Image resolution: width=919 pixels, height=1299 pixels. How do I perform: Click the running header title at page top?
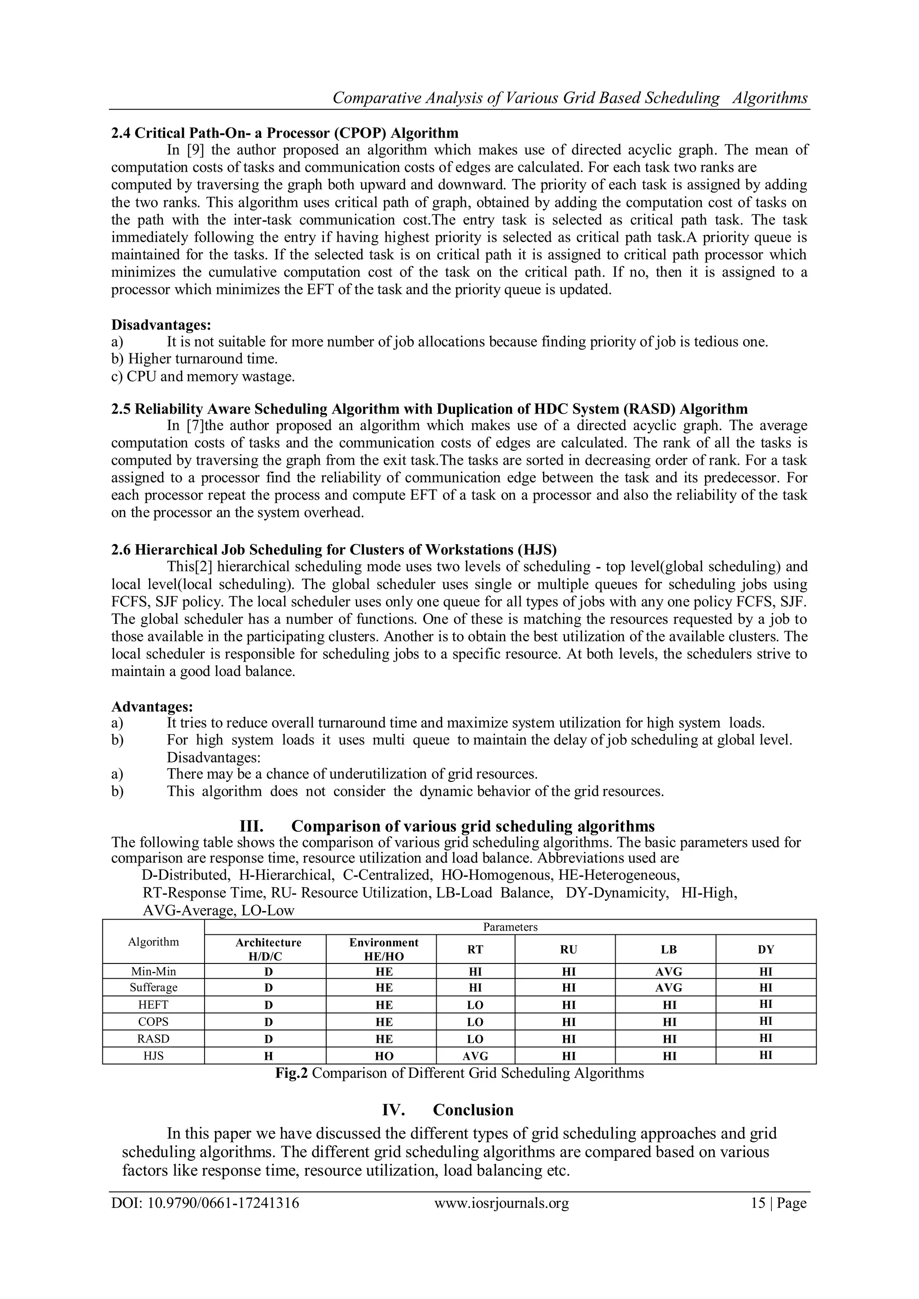[569, 98]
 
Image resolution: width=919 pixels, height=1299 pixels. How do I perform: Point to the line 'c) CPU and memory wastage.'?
[203, 377]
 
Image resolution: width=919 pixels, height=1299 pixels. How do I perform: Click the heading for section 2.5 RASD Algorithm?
[429, 409]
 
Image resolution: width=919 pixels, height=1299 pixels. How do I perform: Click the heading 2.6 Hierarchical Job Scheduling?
[334, 550]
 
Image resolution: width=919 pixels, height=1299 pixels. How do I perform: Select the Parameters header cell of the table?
[510, 927]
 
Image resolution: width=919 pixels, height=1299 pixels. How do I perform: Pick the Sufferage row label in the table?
[153, 987]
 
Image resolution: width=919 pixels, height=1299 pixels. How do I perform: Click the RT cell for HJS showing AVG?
[475, 1056]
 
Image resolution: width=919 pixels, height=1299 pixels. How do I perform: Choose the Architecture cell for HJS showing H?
[269, 1056]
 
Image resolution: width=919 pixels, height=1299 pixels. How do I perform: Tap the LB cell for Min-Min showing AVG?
[668, 972]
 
